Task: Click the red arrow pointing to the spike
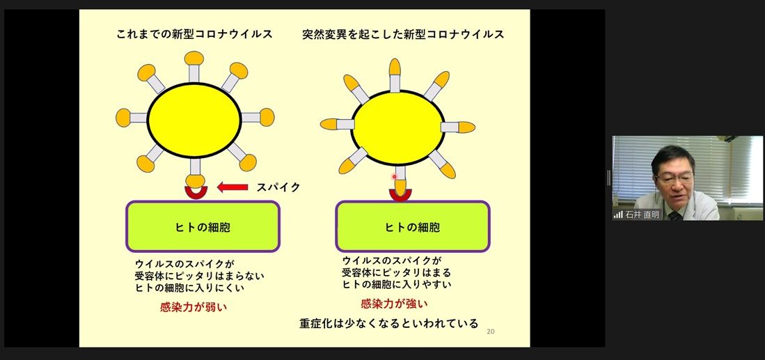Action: click(x=232, y=187)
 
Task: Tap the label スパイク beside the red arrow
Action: click(x=278, y=187)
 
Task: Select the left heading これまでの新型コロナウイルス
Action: click(x=194, y=34)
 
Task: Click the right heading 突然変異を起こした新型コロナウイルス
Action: click(x=403, y=34)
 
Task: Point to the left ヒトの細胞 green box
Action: click(x=203, y=226)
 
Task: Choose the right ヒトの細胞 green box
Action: click(x=413, y=226)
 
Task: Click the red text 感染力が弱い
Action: click(x=194, y=307)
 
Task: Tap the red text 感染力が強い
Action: click(x=394, y=304)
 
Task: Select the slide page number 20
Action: click(x=490, y=331)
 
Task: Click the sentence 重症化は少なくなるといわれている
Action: click(x=389, y=323)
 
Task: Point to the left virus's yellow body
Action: click(x=194, y=120)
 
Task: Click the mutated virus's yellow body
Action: click(x=398, y=128)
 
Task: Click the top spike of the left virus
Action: click(x=194, y=67)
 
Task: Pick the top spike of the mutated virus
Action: click(x=395, y=75)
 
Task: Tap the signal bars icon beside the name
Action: click(x=618, y=214)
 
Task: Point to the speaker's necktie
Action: click(x=675, y=216)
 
